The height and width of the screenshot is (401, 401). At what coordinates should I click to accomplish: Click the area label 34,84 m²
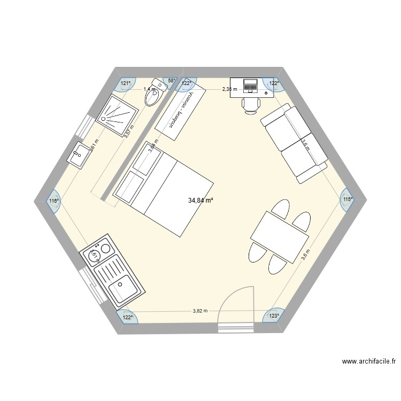tap(200, 200)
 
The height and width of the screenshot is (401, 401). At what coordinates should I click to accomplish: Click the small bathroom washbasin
tap(78, 156)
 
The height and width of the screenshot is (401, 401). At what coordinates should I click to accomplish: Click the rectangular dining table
tap(280, 236)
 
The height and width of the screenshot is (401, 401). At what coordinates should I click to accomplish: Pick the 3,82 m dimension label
tap(200, 311)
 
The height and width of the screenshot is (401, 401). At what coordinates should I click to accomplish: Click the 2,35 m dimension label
tap(229, 89)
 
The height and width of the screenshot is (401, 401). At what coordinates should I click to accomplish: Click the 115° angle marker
tap(347, 199)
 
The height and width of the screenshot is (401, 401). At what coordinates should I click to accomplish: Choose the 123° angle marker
tap(274, 316)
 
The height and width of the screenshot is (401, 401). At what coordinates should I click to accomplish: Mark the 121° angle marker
tap(125, 83)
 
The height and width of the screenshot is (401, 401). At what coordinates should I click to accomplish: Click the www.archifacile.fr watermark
tap(369, 362)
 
